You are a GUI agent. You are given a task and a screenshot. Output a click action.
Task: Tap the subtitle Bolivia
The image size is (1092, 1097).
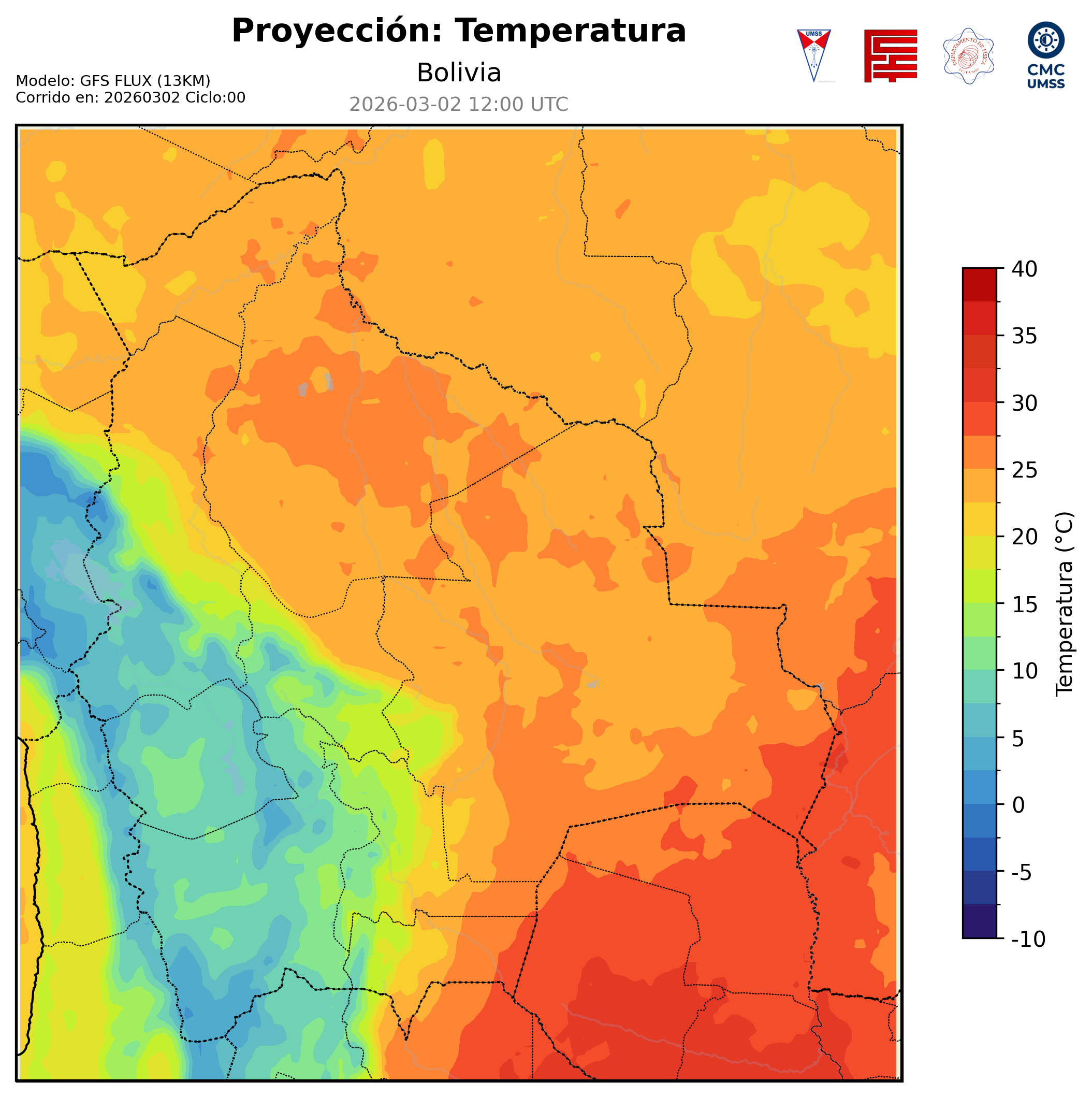click(x=459, y=73)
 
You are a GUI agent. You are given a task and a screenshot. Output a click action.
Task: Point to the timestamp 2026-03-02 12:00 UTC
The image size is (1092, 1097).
click(x=459, y=105)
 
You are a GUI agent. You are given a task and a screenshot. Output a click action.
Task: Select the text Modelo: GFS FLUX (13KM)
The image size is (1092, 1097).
click(x=113, y=81)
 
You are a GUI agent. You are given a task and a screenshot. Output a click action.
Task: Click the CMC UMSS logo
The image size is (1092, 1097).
click(x=1045, y=55)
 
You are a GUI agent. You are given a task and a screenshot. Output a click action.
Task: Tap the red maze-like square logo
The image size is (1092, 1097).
click(x=890, y=55)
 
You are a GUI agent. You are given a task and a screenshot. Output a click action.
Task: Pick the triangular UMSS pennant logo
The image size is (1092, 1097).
click(x=813, y=55)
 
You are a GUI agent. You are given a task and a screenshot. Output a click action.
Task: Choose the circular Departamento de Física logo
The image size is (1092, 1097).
click(x=968, y=55)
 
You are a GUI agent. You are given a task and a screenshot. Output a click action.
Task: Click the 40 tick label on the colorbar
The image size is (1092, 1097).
click(x=1025, y=269)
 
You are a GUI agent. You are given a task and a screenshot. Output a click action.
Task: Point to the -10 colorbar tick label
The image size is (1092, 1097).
click(x=1028, y=939)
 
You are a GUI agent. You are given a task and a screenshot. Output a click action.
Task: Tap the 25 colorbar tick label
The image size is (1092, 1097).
click(x=1025, y=470)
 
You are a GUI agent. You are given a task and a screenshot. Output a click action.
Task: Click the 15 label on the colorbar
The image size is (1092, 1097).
click(x=1025, y=604)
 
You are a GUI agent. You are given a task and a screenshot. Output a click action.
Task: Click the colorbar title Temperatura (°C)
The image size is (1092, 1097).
click(x=1065, y=604)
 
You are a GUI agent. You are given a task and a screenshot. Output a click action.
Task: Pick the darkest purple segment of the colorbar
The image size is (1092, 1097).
click(x=979, y=922)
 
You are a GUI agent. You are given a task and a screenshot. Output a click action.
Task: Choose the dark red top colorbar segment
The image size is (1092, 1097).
click(x=979, y=284)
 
